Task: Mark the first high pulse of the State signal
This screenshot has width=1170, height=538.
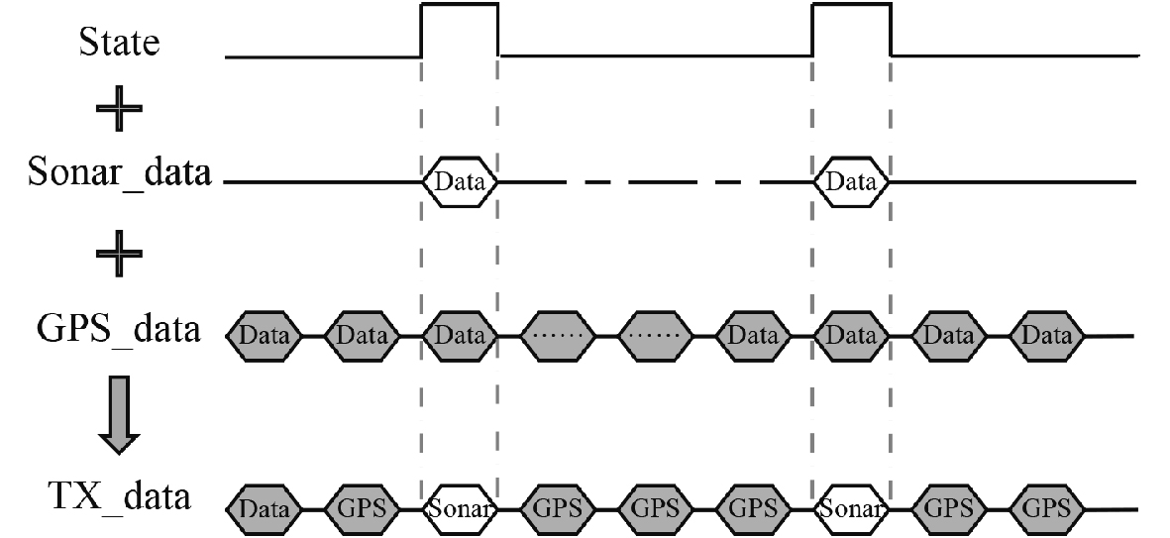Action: tap(460, 30)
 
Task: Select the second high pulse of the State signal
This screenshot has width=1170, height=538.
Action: tap(851, 30)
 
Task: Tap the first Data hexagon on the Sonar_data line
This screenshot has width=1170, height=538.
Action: tap(460, 181)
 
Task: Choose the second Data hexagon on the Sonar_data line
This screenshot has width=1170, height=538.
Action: tap(851, 181)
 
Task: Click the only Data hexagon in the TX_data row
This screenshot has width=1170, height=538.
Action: tap(264, 509)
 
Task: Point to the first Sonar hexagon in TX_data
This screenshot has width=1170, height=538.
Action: tap(460, 509)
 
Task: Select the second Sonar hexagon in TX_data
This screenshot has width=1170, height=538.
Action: tap(851, 509)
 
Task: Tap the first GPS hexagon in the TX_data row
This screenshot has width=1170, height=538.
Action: tap(362, 509)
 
